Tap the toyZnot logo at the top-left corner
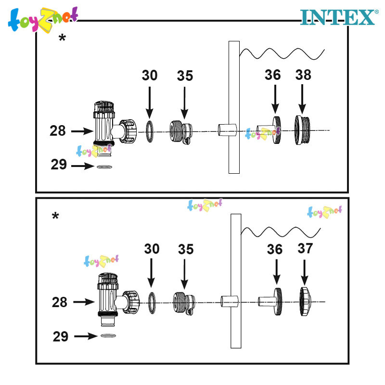click(x=43, y=20)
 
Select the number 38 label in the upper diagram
click(x=303, y=75)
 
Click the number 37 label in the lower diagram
click(x=305, y=248)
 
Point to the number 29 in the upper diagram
click(x=59, y=164)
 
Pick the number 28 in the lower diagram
click(x=59, y=302)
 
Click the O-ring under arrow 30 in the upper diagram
click(x=150, y=131)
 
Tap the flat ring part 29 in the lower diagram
click(x=108, y=335)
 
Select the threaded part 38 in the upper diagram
click(x=302, y=130)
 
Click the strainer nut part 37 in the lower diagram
click(x=305, y=302)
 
